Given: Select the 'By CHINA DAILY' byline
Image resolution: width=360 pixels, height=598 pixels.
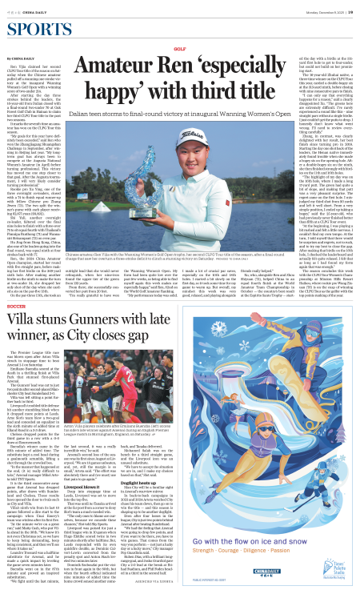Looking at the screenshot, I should point(22,58).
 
